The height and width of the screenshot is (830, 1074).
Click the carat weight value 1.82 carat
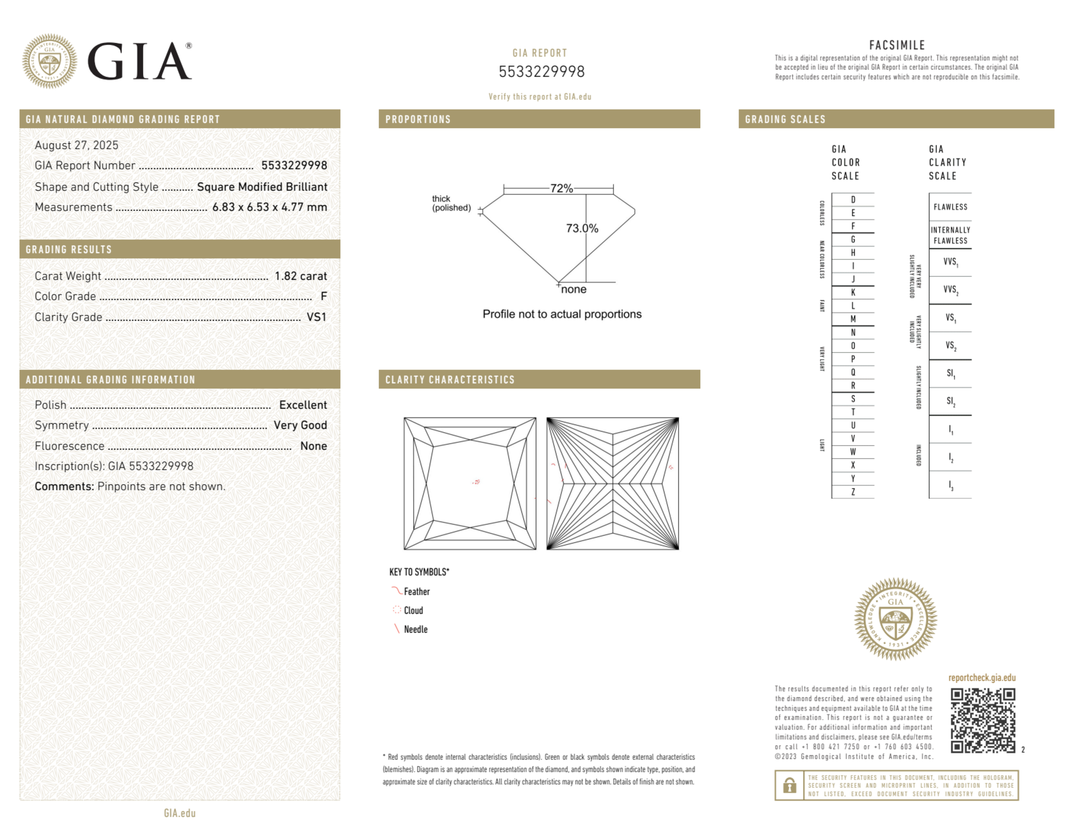tap(301, 276)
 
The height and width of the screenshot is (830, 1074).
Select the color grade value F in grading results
tap(324, 296)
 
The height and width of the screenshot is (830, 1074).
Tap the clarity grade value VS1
tap(316, 317)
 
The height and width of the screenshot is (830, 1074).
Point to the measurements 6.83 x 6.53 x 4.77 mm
tap(269, 207)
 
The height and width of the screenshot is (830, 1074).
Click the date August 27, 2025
tap(76, 145)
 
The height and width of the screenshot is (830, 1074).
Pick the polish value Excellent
tap(303, 405)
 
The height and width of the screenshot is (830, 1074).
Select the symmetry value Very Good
tap(300, 425)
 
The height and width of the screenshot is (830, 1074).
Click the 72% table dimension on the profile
tap(561, 188)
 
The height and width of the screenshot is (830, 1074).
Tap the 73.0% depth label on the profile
tap(582, 228)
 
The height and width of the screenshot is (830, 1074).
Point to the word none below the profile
tap(574, 289)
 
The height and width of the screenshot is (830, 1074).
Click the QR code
tap(983, 720)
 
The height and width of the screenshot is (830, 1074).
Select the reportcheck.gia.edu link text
tap(982, 678)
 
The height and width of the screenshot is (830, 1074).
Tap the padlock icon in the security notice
tap(789, 785)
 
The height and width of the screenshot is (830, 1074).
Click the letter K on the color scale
tap(853, 293)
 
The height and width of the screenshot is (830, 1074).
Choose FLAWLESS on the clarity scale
tap(950, 207)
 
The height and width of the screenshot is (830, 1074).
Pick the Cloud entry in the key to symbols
tap(413, 610)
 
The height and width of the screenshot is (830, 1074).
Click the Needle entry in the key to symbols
tap(415, 629)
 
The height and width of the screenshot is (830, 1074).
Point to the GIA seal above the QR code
tap(895, 619)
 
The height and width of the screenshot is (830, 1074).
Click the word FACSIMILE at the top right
tap(897, 46)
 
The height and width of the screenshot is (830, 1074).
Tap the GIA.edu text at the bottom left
tap(180, 813)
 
